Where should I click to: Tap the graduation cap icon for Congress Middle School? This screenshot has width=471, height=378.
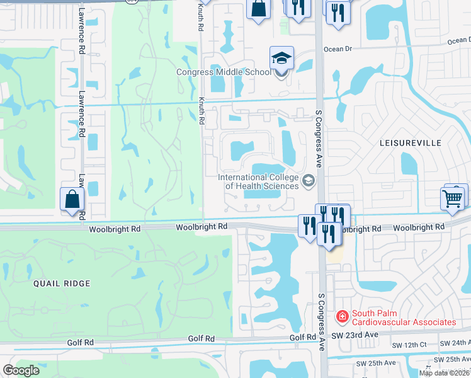pos(281,59)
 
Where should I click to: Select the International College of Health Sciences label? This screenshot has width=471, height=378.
pos(258,181)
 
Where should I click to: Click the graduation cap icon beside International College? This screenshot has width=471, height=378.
pos(309,182)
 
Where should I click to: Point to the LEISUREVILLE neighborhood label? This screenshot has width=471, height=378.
pos(411,144)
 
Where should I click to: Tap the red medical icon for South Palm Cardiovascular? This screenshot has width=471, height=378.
pos(342,316)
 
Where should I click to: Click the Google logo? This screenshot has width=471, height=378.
pos(21,370)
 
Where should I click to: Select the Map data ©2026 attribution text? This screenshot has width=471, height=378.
pos(445,373)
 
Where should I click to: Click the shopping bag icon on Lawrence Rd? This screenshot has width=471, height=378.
pos(72,199)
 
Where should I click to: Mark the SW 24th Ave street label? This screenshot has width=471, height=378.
pos(455,343)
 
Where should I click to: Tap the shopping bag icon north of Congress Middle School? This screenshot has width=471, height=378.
pos(259,9)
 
